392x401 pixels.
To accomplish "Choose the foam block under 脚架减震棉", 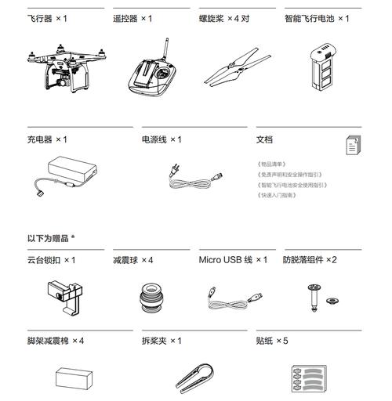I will tap(75, 379).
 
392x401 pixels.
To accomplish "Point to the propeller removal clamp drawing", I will tap(194, 376).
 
